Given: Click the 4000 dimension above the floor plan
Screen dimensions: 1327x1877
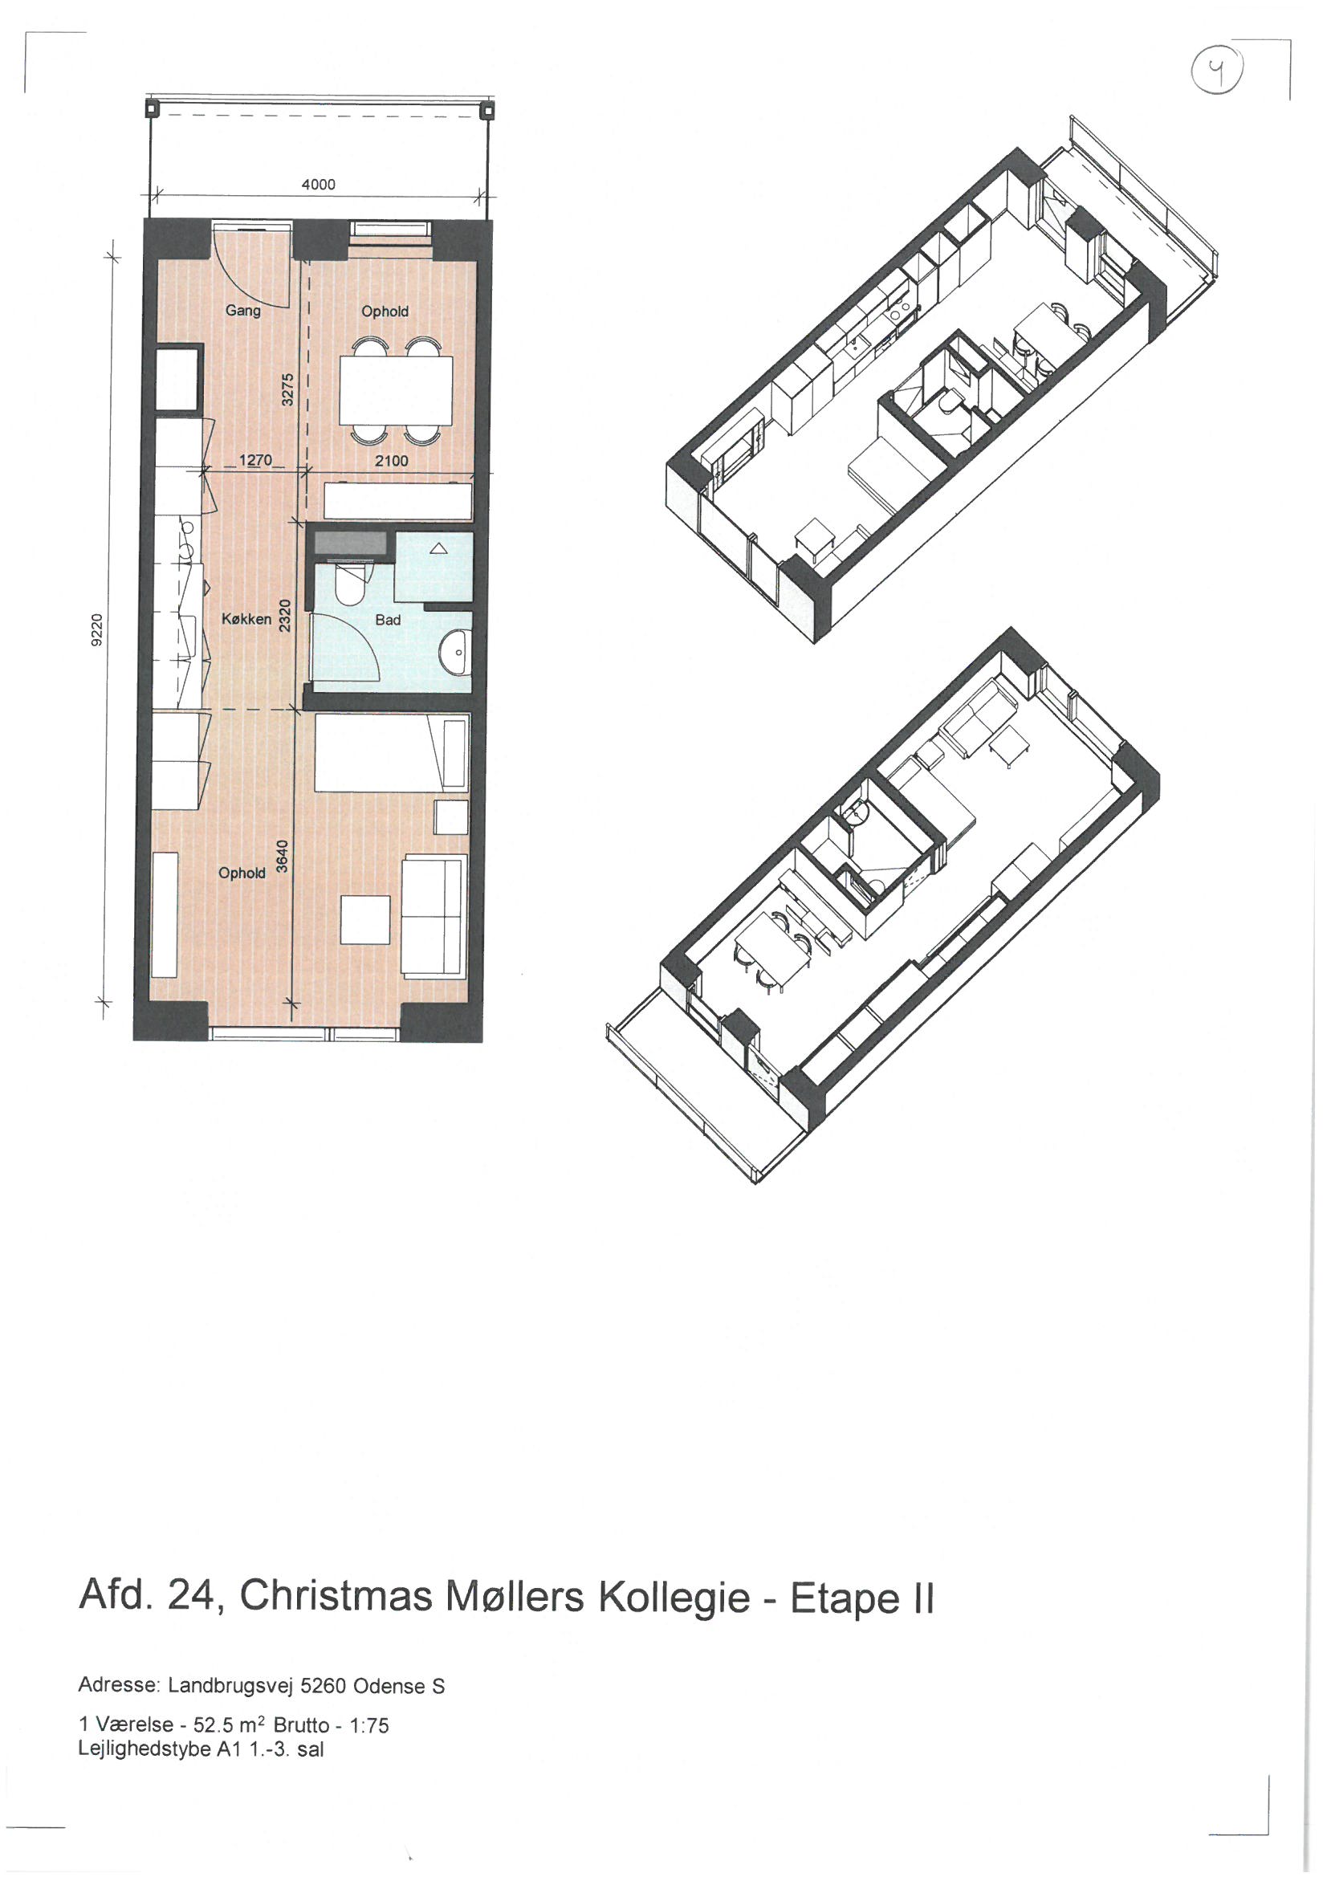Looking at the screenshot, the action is pyautogui.click(x=318, y=185).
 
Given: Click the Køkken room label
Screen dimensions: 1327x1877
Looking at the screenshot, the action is pyautogui.click(x=246, y=620).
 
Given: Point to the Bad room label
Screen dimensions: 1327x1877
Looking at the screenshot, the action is pyautogui.click(x=388, y=620).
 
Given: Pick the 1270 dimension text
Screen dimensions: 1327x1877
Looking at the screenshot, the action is pyautogui.click(x=255, y=460).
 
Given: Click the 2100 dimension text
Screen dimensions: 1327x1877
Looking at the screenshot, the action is pyautogui.click(x=391, y=461).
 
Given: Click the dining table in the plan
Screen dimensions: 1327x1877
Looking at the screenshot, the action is pyautogui.click(x=396, y=391).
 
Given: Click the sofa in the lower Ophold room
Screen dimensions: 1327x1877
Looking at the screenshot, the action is pyautogui.click(x=435, y=915).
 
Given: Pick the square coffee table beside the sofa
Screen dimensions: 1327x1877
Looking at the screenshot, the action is pyautogui.click(x=365, y=920).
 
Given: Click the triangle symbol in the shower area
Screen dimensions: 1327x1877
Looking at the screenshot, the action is pyautogui.click(x=438, y=549).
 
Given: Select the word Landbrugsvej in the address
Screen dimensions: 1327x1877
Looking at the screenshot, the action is pyautogui.click(x=230, y=1687).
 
